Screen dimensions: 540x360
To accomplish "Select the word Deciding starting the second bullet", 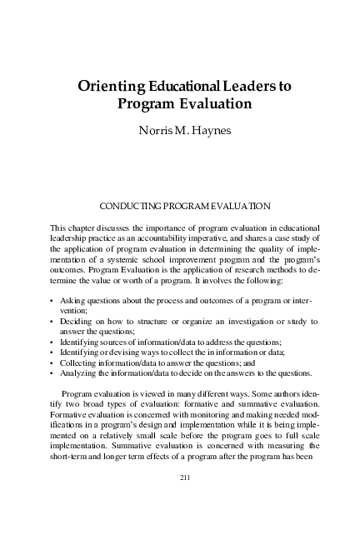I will (77, 321).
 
